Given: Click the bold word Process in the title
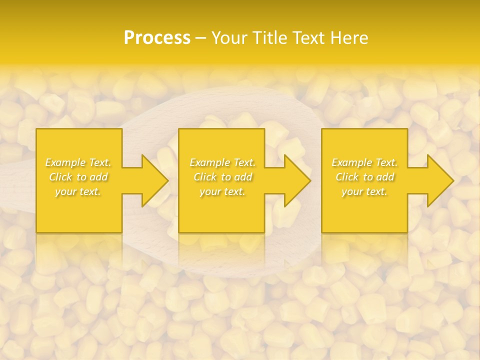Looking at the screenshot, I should coord(157,38).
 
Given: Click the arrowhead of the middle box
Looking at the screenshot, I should coord(297,180).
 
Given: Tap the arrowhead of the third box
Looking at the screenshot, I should coord(440,180).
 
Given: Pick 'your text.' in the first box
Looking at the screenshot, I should coord(78,191).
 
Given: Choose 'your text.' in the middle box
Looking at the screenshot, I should coord(222,191).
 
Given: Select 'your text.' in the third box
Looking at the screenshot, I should coord(364,191).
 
